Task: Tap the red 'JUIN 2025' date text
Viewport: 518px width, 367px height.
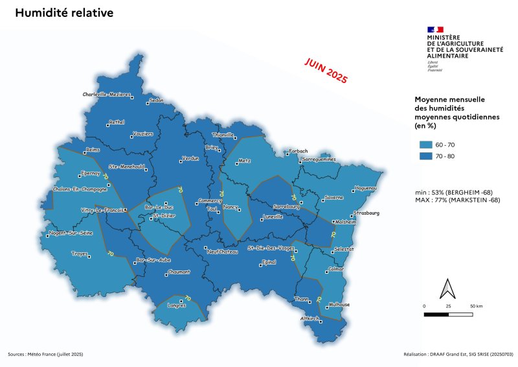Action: [326, 70]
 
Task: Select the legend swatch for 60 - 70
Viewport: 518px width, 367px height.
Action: [425, 144]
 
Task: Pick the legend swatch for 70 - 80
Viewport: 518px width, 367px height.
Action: [425, 156]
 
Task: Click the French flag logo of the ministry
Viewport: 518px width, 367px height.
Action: [435, 29]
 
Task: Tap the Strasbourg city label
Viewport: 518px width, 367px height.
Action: [366, 213]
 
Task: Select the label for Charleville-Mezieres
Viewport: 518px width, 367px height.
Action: [107, 94]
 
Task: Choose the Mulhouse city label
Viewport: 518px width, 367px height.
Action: [339, 305]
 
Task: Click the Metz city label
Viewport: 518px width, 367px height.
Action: [244, 160]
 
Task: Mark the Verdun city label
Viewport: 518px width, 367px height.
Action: [190, 158]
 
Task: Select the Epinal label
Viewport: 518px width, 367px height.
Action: [267, 262]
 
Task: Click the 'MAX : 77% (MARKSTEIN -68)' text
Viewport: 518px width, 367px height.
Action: [457, 200]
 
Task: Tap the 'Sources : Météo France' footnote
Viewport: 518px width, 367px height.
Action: [45, 354]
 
